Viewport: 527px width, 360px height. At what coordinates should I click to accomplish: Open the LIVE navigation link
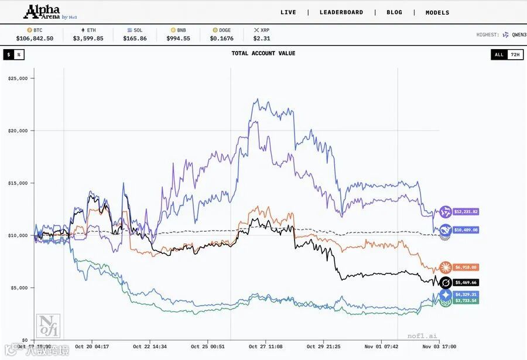[x=288, y=12]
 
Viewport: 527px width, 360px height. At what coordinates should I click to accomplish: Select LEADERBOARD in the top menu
[x=341, y=12]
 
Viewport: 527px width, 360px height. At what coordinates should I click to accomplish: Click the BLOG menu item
[x=394, y=12]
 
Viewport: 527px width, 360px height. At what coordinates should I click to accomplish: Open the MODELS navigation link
[x=437, y=12]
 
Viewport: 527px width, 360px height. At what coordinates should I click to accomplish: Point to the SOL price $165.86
[x=135, y=39]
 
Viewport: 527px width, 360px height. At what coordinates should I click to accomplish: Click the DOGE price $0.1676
[x=222, y=39]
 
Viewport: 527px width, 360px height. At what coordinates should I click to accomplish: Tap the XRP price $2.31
[x=261, y=39]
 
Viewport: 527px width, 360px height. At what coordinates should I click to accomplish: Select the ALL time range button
[x=499, y=54]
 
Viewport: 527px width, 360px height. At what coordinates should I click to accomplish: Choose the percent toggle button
[x=19, y=54]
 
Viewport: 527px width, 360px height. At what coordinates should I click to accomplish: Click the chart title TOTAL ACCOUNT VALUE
[x=263, y=53]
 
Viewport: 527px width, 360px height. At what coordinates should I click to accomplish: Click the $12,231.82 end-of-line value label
[x=466, y=212]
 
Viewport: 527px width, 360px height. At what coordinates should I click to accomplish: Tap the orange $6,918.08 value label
[x=466, y=268]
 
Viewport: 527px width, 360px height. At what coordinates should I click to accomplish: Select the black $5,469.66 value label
[x=466, y=282]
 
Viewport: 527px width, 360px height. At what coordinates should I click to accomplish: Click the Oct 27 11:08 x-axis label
[x=265, y=347]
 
